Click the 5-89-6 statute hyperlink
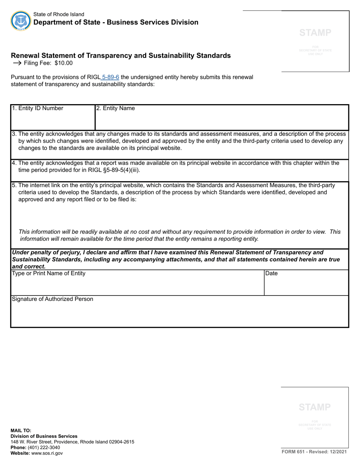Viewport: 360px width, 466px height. pos(111,77)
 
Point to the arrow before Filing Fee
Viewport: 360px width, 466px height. pos(17,63)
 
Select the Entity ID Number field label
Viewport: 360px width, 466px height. pos(38,108)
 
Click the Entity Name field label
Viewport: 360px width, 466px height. pos(115,108)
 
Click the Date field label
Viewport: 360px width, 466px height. pos(271,273)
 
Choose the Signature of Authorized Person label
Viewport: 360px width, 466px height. pos(52,299)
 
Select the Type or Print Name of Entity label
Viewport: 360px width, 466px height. pos(49,273)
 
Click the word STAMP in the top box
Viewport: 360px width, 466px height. pos(315,33)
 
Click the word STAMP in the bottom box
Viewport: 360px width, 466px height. pos(315,407)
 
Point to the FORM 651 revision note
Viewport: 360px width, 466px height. pos(314,452)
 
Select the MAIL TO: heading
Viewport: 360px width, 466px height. pos(21,430)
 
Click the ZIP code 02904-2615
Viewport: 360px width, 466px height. pos(118,442)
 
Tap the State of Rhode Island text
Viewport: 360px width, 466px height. pos(59,14)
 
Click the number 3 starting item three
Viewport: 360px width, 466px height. pos(14,134)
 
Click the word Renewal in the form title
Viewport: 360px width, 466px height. pos(25,56)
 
